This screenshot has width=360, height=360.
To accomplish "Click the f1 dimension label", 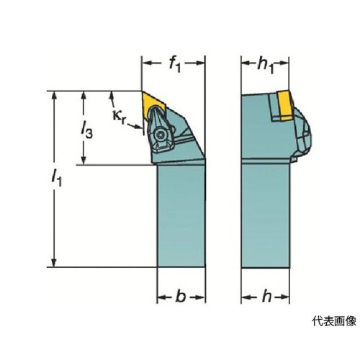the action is tap(174, 65).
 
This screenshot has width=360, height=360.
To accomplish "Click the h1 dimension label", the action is tap(266, 66).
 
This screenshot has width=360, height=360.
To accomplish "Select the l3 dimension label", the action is tap(86, 130).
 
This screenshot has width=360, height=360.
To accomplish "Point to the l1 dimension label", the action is tap(57, 178).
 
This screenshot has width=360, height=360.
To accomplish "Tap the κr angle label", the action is tap(119, 117).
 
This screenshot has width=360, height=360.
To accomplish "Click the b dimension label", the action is tap(181, 297).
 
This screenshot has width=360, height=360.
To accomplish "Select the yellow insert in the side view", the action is tap(285, 105).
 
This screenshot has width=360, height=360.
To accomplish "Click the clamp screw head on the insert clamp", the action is tap(158, 135).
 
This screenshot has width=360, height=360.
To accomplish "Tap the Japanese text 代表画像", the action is tap(334, 321).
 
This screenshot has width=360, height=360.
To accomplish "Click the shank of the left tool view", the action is tap(181, 216).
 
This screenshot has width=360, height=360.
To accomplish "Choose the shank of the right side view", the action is tap(265, 215).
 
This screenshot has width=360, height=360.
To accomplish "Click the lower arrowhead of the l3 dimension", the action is tap(84, 160).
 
